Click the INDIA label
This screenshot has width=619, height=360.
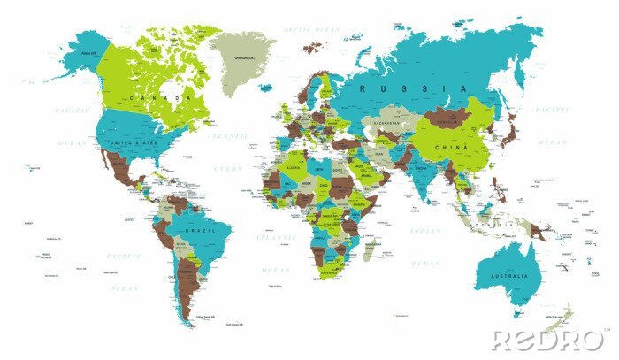pos(422,167)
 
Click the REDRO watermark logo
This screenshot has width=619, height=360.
pos(549,340)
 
